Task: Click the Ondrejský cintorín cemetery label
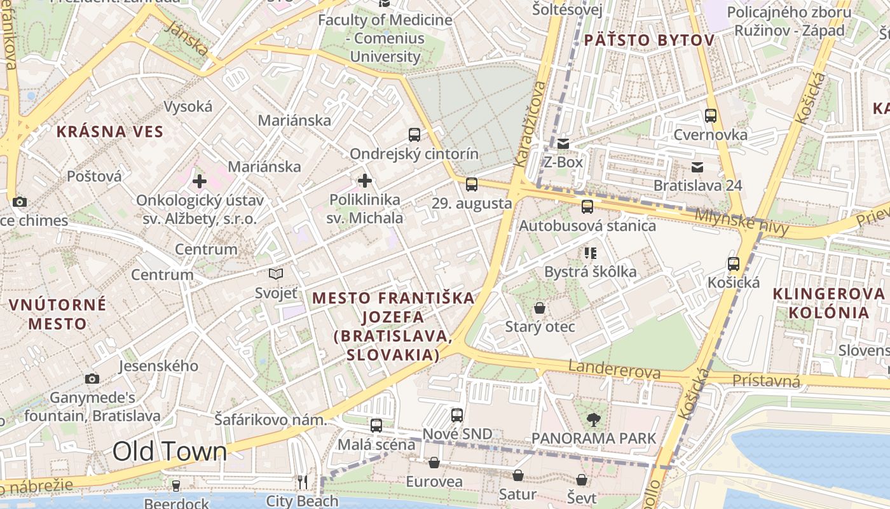click(x=414, y=153)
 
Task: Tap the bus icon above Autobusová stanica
click(x=587, y=207)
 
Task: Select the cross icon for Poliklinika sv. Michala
click(x=365, y=181)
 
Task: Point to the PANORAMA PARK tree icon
click(x=594, y=419)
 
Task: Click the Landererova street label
click(x=614, y=369)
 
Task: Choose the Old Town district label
click(x=170, y=451)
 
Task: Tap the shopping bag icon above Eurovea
click(x=434, y=463)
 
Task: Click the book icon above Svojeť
click(x=276, y=274)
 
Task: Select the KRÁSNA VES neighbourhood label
click(x=110, y=132)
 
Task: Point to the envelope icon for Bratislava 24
click(x=697, y=167)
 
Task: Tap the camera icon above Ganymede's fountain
click(x=92, y=379)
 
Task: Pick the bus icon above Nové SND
click(x=457, y=415)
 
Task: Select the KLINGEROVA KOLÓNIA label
click(x=829, y=303)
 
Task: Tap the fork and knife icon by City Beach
click(x=303, y=482)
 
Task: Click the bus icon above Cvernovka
click(x=711, y=116)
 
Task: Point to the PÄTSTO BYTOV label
click(x=649, y=41)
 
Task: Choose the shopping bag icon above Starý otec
click(x=540, y=309)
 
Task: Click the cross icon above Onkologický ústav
click(x=200, y=181)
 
